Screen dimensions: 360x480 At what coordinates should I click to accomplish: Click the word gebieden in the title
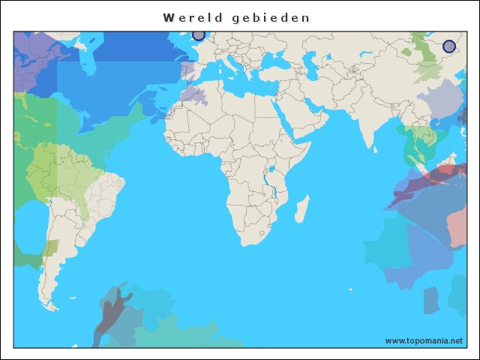tap(271, 17)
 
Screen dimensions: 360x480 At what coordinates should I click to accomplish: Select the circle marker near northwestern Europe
tap(198, 34)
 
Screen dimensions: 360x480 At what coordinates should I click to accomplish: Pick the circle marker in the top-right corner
tap(448, 46)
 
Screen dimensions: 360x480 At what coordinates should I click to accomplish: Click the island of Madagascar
tap(302, 208)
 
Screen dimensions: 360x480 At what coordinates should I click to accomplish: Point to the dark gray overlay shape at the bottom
tap(111, 315)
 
